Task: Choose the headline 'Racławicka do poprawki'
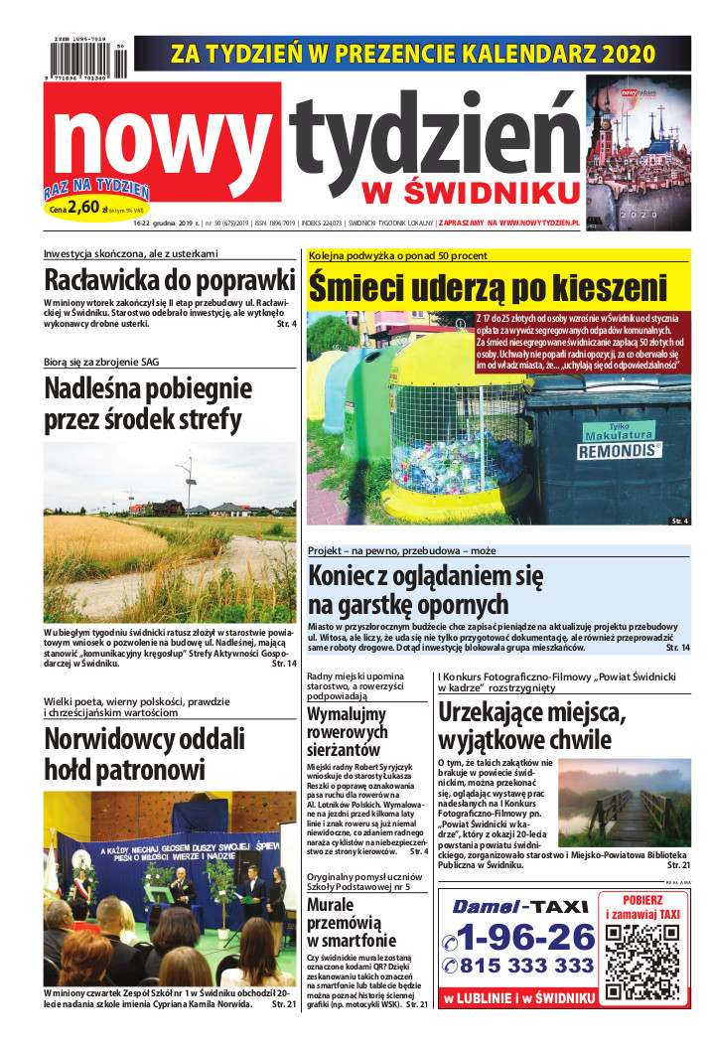(x=170, y=277)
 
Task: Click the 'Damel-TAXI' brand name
(x=516, y=906)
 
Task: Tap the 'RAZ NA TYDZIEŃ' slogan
(x=96, y=189)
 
